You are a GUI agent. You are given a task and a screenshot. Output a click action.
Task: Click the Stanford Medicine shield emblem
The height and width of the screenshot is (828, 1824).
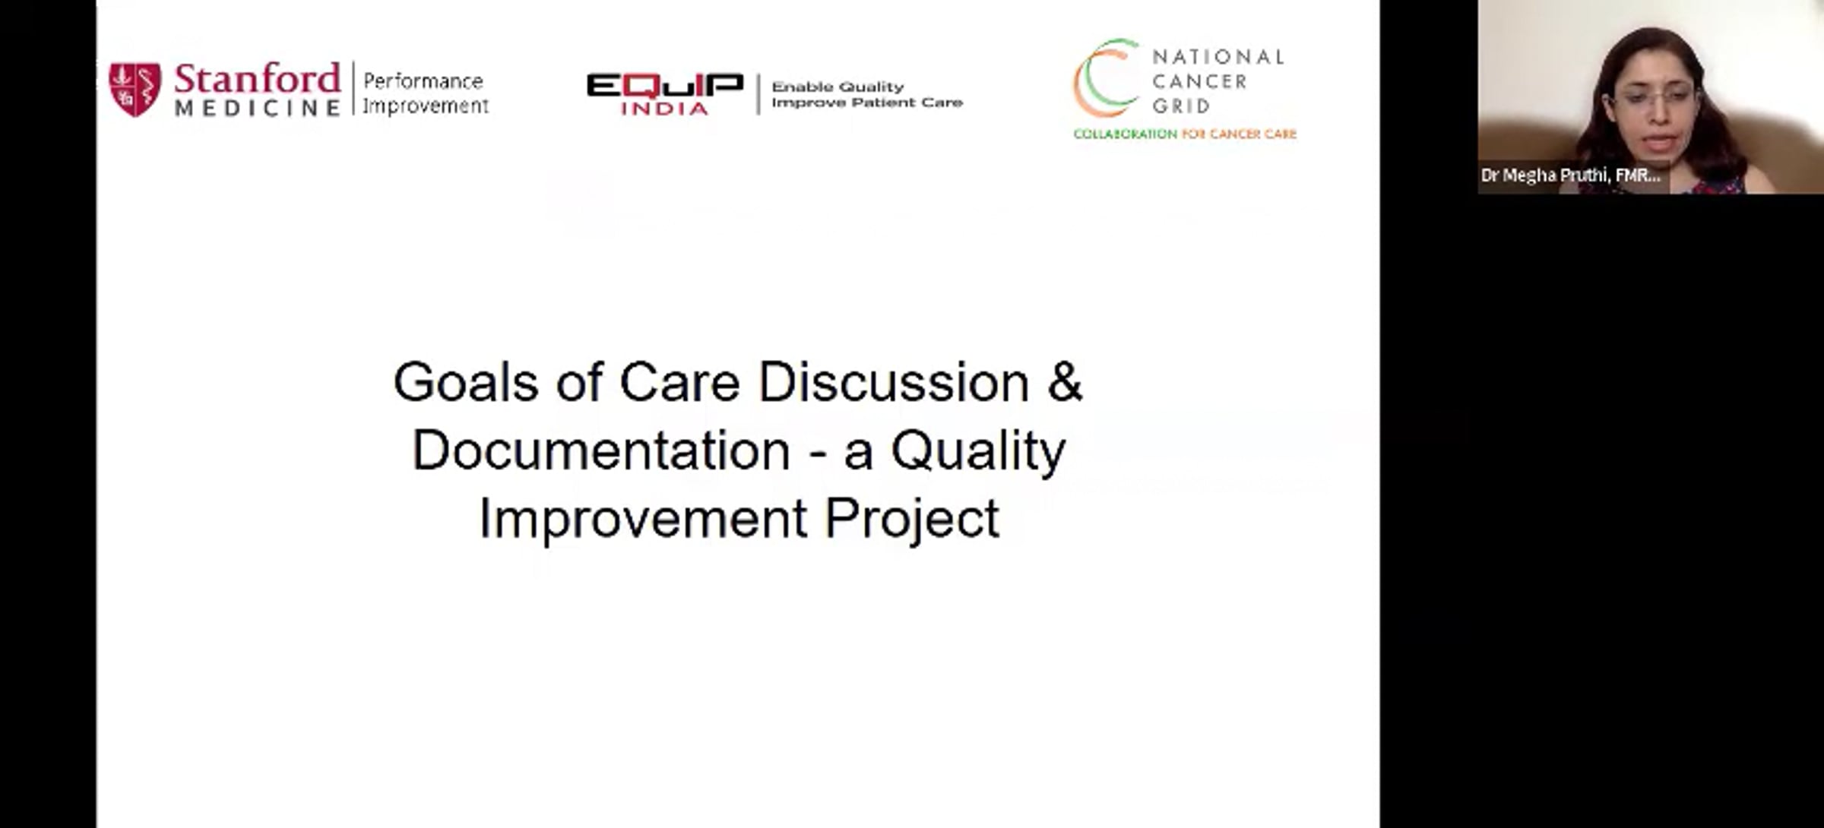coord(135,90)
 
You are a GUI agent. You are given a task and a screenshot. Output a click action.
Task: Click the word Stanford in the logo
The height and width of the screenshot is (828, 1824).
coord(258,79)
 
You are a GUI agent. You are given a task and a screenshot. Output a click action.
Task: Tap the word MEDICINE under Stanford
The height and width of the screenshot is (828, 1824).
coord(258,108)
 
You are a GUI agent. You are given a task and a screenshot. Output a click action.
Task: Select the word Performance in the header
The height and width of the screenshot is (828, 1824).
coord(423,81)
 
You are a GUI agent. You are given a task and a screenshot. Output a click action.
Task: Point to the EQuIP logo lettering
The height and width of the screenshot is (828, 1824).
coord(664,86)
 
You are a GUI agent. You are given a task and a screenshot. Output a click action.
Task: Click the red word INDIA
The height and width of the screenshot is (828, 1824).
coord(664,109)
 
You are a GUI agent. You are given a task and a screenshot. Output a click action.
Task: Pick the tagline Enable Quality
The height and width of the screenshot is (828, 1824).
coord(838,87)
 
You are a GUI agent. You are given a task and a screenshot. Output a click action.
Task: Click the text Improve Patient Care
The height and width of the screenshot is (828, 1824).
coord(867,103)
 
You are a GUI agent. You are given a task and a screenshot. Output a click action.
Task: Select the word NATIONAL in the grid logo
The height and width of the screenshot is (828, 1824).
coord(1218,57)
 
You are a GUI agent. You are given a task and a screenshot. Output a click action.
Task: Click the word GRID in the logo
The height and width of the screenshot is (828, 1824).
coord(1181,106)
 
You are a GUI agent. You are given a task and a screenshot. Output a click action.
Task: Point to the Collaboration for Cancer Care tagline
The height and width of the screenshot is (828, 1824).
coord(1185,134)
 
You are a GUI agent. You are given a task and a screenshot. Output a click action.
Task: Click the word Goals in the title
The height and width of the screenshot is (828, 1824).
coord(466,381)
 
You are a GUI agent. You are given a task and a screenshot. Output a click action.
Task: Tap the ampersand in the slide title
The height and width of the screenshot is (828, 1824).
coord(1065,381)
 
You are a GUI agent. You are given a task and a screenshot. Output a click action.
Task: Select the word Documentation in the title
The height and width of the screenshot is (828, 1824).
coord(601,450)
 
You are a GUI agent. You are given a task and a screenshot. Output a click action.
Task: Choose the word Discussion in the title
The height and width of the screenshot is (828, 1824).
coord(894,381)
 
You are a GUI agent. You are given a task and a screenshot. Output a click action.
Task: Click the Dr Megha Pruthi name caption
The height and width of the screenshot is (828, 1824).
coord(1570,175)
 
